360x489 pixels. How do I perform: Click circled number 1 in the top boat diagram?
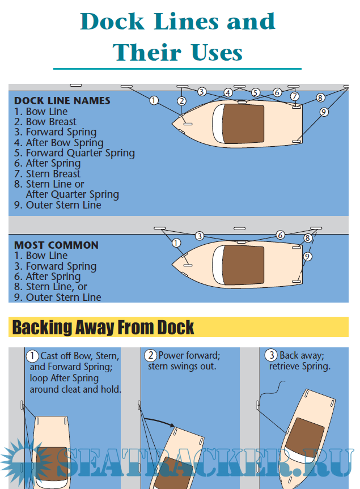[154, 100]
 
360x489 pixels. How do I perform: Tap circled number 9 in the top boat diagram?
[324, 112]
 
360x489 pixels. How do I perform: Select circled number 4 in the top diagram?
[228, 93]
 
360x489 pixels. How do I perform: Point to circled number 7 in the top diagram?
[294, 96]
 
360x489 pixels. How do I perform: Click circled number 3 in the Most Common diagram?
[200, 236]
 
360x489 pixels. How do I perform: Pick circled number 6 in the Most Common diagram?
[280, 235]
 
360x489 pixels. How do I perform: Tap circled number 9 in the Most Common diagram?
[307, 256]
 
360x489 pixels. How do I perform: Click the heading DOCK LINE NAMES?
[62, 101]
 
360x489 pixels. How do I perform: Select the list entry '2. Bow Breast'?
[45, 122]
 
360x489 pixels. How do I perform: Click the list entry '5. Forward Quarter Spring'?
[74, 153]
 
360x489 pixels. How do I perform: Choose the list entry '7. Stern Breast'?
[47, 174]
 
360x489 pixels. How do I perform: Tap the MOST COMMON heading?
[56, 245]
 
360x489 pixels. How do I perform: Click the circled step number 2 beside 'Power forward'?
[151, 355]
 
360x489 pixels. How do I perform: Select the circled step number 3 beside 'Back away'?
[271, 355]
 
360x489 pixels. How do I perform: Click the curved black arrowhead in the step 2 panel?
[171, 424]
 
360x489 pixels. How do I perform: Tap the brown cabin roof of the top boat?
[244, 124]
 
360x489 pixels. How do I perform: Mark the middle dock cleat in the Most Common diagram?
[239, 228]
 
